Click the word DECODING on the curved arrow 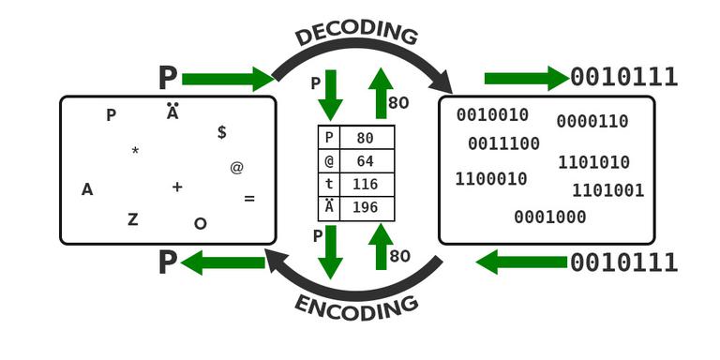coord(356,35)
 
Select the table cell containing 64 coord(366,161)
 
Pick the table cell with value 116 coord(366,185)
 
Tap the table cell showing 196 coord(366,208)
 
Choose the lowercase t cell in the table coord(329,185)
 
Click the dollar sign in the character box coord(222,132)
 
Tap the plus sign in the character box coord(177,187)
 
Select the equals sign coord(249,199)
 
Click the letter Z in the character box coord(133,219)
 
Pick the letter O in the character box coord(200,223)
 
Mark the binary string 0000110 coord(592,122)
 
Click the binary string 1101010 coord(593,163)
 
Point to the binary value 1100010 coord(491,179)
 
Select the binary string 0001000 coord(550,217)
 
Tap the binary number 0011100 coord(504,144)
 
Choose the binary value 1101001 coord(608,191)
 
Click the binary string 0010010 coord(493,115)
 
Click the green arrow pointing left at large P coord(223,263)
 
